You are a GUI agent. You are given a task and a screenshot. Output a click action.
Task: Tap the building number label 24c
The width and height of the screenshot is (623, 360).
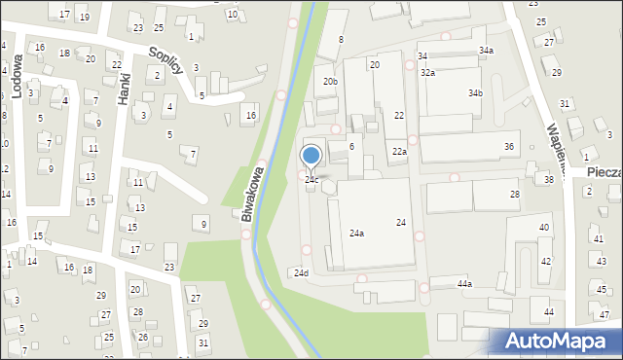coord(311,180)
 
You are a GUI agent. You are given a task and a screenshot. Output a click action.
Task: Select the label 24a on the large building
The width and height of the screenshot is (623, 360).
coord(357,234)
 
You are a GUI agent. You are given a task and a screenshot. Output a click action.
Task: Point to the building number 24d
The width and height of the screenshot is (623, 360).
coord(302,273)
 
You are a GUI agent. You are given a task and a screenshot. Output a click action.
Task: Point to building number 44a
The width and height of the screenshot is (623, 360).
coord(464,283)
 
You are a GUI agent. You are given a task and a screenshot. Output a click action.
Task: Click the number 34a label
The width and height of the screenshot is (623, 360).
coord(486,50)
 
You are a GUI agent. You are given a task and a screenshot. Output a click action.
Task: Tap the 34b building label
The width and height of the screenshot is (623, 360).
coord(475,93)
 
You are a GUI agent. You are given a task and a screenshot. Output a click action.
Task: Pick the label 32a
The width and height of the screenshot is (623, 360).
coord(427,73)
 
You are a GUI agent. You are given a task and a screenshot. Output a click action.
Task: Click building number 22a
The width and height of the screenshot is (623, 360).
coord(399,152)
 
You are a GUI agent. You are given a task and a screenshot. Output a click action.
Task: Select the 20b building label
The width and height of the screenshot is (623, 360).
coord(331,82)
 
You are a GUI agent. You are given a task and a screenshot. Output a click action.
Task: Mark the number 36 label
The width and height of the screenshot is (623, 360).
coord(509,147)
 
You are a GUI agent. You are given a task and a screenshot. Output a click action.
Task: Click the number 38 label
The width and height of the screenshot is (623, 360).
coord(549,180)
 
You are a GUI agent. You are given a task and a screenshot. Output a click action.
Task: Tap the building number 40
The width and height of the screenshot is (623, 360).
coord(544,228)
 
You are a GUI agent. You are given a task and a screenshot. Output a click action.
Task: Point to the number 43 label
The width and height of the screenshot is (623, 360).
coord(601,263)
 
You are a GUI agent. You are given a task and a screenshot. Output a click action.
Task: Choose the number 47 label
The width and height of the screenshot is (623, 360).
coord(605,314)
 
